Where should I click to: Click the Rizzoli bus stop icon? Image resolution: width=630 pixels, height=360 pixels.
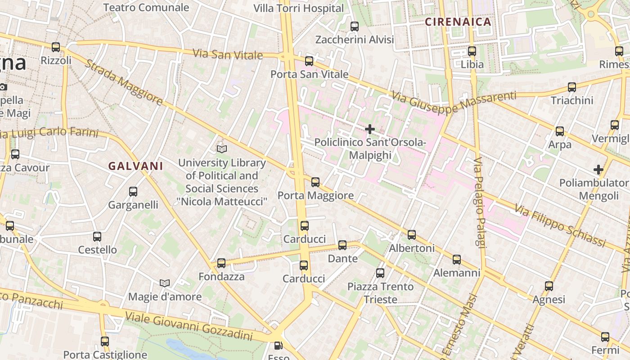(x=56, y=47)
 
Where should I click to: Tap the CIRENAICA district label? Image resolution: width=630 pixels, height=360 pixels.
(x=458, y=22)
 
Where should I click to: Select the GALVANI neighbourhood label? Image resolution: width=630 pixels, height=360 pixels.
(x=135, y=166)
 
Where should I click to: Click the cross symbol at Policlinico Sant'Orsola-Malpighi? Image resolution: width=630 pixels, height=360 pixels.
(x=370, y=130)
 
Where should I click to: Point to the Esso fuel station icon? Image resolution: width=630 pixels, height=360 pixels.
(x=279, y=346)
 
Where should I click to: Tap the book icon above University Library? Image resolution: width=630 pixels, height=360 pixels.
(x=222, y=149)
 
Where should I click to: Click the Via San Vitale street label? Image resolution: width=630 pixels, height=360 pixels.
(x=228, y=54)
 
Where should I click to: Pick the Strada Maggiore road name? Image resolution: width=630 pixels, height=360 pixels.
(x=124, y=83)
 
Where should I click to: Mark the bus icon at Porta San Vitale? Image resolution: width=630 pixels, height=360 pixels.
(x=309, y=61)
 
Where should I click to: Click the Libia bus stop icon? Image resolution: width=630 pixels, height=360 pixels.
(x=472, y=51)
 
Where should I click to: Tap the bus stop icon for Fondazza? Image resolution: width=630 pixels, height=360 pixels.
(x=221, y=263)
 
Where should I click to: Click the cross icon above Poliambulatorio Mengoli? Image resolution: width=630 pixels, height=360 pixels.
(x=598, y=170)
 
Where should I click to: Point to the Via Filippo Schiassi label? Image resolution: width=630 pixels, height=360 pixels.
(x=560, y=226)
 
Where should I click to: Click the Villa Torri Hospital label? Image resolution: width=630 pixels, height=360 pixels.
(x=298, y=8)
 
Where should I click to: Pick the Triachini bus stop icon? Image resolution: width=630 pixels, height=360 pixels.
(x=572, y=87)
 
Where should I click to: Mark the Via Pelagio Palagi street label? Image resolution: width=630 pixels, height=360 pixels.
(x=479, y=202)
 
